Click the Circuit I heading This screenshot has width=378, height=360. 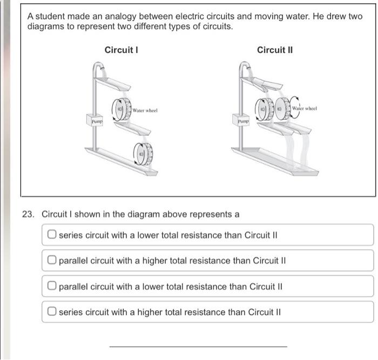tap(122, 50)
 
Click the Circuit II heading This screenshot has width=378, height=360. tap(275, 50)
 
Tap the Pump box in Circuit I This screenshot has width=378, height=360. tap(94, 120)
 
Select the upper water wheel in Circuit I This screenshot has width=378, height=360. tap(122, 109)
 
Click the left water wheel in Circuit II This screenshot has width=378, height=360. tap(265, 109)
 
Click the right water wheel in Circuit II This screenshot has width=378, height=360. tap(282, 108)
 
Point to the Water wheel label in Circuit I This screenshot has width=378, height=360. tap(145, 111)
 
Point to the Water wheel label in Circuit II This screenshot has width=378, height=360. tap(305, 108)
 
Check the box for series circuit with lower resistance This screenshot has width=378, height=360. tap(52, 234)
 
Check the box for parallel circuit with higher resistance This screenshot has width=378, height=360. tap(52, 260)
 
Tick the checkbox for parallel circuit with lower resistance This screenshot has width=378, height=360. tap(52, 286)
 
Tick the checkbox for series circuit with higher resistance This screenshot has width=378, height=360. tap(52, 311)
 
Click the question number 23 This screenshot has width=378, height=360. tap(28, 214)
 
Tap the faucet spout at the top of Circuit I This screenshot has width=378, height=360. tap(99, 65)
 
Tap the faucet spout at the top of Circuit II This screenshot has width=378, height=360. tap(246, 65)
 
